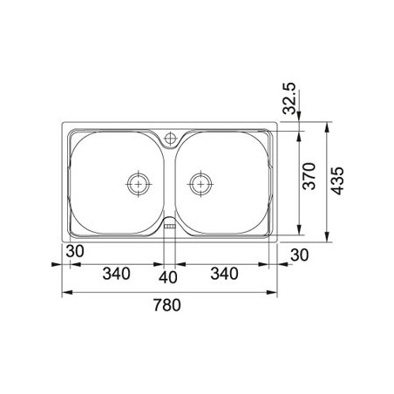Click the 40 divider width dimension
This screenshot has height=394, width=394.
[x=170, y=277]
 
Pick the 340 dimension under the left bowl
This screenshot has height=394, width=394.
[x=116, y=274]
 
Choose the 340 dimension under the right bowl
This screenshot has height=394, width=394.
[x=224, y=274]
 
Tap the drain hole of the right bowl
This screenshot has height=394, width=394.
[x=201, y=183]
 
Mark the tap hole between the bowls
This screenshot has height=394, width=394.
[x=170, y=137]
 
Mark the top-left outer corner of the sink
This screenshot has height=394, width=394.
[x=63, y=124]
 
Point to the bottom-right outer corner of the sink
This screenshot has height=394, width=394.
[x=277, y=241]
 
